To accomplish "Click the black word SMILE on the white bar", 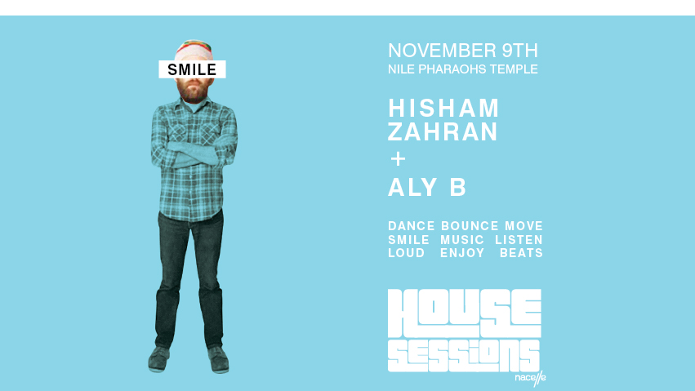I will tap(192, 70).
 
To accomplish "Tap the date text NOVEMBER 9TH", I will tap(463, 50).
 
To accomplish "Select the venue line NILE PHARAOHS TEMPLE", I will tap(463, 69).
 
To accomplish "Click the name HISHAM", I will tap(443, 107).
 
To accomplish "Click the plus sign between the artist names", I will tap(398, 159).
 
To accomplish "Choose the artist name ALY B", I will tap(427, 187).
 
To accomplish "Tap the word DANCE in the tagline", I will tap(411, 226).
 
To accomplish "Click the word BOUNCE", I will tap(470, 226).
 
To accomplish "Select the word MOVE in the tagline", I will tap(523, 226).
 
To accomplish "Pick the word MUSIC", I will tap(462, 240).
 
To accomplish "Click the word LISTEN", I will tap(519, 240).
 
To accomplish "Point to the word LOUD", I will tap(407, 253).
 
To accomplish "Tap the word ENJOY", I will tap(462, 253).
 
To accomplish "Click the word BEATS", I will tap(521, 253).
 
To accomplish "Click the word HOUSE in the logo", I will tap(463, 313).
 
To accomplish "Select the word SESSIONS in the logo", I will tap(462, 354).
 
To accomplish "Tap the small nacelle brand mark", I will tap(530, 378).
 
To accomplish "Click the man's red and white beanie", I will tap(193, 51).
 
